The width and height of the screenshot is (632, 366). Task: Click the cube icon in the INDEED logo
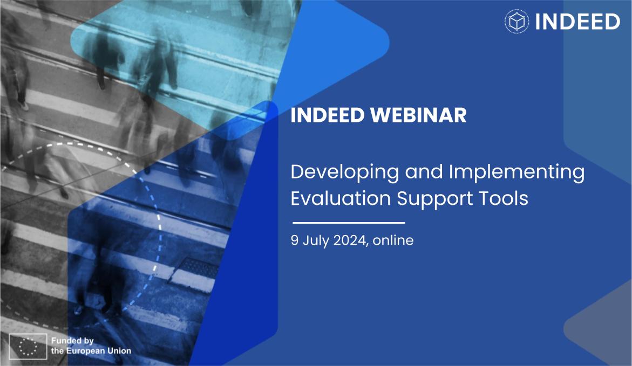[517, 22]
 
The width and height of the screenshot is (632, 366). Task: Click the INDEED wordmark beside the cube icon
[577, 22]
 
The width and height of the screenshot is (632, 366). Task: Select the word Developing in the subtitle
[345, 172]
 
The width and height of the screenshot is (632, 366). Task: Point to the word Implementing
[517, 172]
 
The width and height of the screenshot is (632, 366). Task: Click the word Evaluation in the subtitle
[341, 198]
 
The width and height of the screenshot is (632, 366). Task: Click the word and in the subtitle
[424, 172]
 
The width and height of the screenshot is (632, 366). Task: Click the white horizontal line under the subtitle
[349, 222]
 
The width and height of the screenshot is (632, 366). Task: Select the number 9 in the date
[295, 240]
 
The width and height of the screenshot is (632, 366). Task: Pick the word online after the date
[393, 240]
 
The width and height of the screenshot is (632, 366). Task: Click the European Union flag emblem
[28, 346]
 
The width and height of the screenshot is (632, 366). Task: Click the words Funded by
[72, 341]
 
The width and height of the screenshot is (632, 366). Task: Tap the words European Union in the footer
[99, 351]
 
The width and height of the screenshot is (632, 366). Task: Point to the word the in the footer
[57, 351]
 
